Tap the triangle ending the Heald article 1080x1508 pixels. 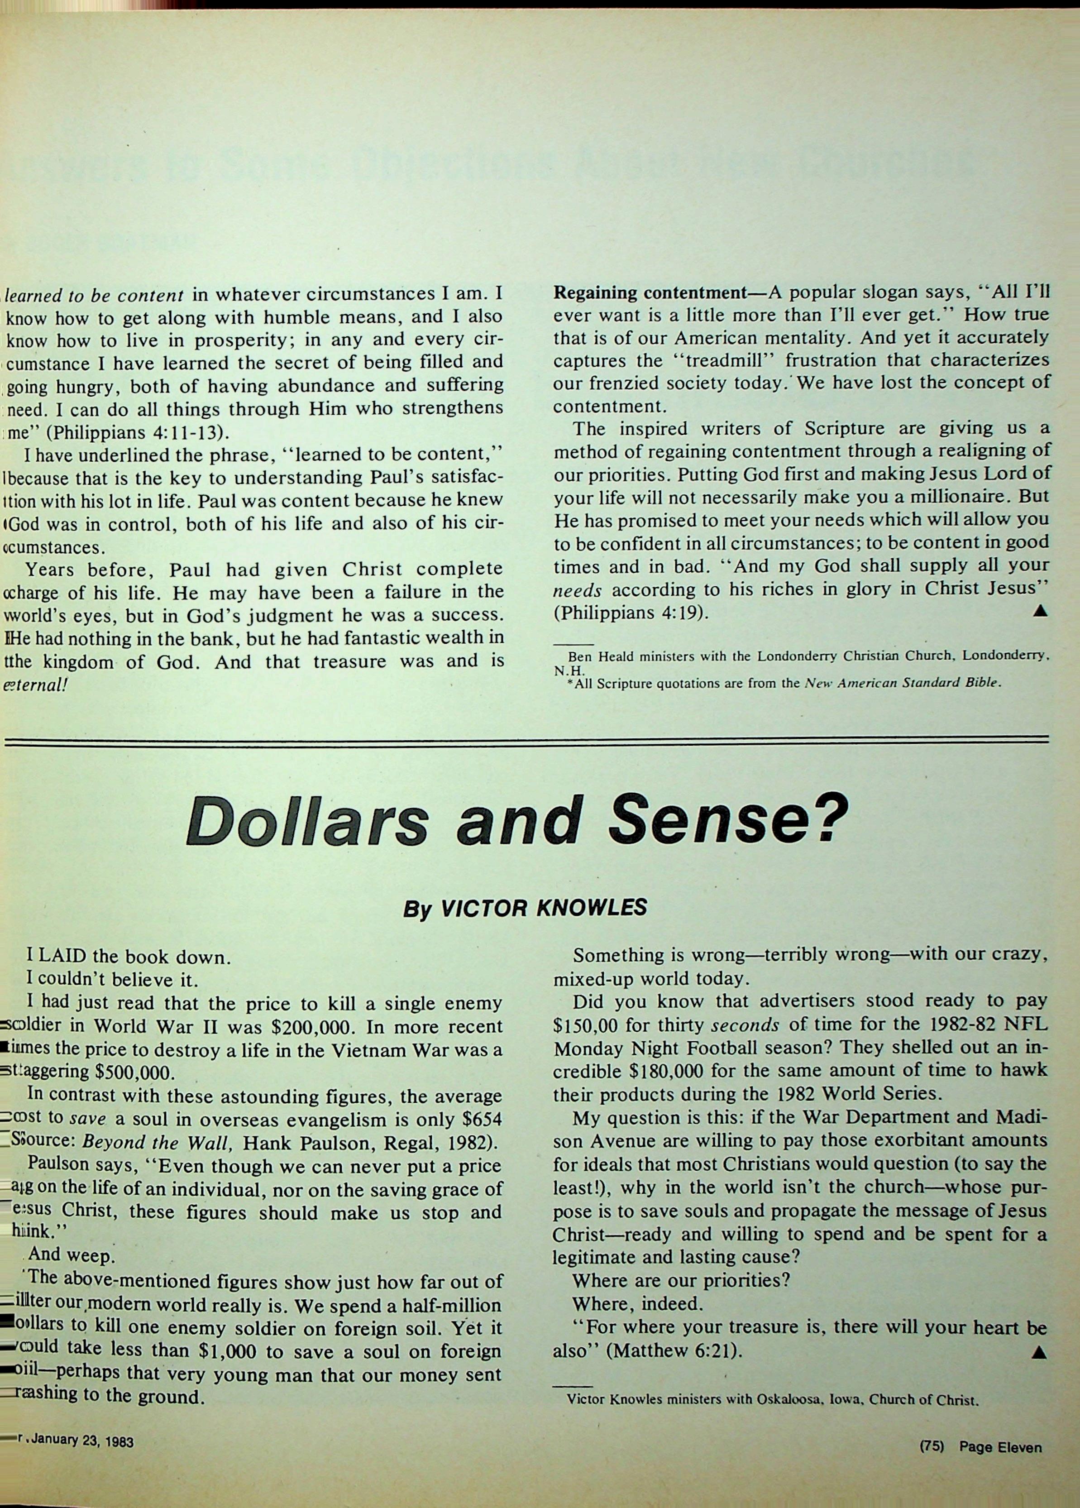(x=1040, y=611)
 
